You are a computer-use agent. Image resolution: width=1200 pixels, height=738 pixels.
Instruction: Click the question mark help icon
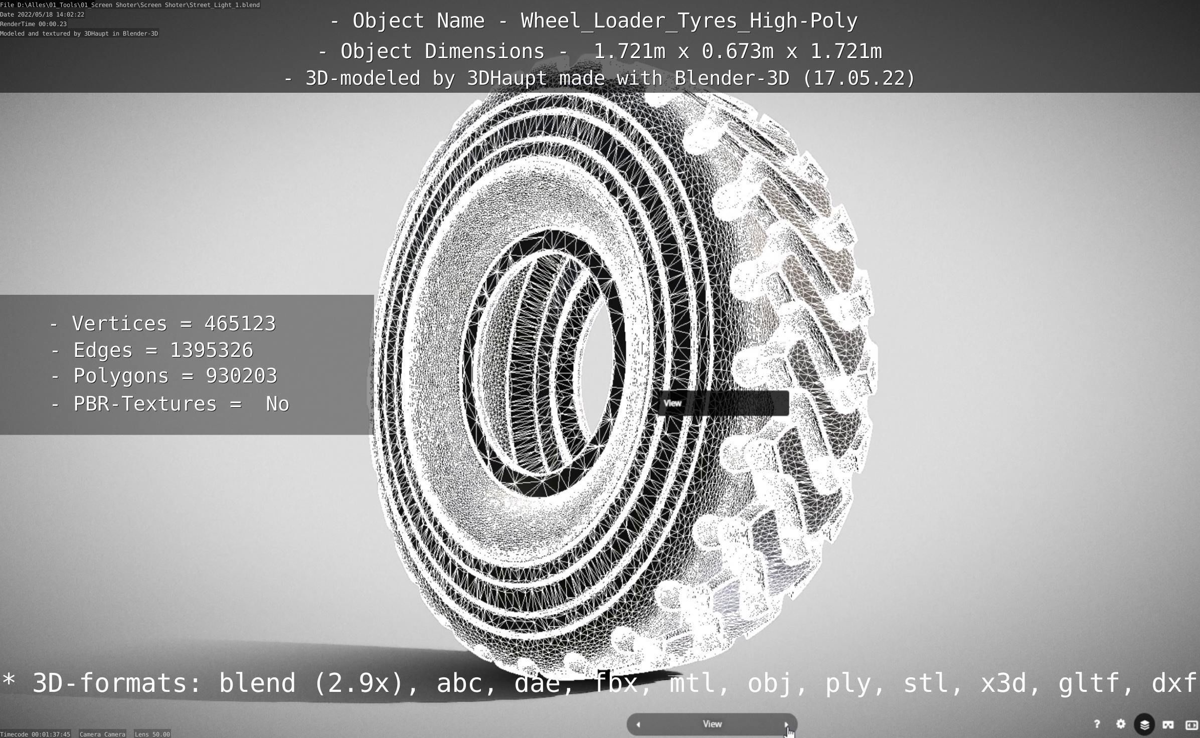1097,724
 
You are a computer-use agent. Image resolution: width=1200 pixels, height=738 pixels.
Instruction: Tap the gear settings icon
1121,724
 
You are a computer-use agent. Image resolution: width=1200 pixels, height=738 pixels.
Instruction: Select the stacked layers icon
1144,724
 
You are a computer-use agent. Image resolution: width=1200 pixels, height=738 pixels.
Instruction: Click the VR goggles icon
1168,724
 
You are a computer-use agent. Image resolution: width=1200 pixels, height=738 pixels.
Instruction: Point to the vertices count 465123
240,324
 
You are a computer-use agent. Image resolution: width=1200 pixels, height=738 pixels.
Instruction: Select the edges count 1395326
212,350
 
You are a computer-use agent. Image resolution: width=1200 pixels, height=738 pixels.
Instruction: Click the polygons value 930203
241,376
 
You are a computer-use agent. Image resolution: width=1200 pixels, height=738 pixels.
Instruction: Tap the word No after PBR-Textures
277,404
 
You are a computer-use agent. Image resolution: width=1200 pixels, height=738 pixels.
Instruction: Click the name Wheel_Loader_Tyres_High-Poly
689,21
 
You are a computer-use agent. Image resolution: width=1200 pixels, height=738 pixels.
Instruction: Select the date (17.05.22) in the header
859,78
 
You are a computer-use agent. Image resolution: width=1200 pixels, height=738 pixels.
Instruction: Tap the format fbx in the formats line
616,683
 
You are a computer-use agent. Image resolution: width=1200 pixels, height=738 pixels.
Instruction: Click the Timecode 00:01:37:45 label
35,734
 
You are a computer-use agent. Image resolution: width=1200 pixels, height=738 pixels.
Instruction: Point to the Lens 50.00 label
152,734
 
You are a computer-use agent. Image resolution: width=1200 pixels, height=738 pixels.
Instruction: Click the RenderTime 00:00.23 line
33,24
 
